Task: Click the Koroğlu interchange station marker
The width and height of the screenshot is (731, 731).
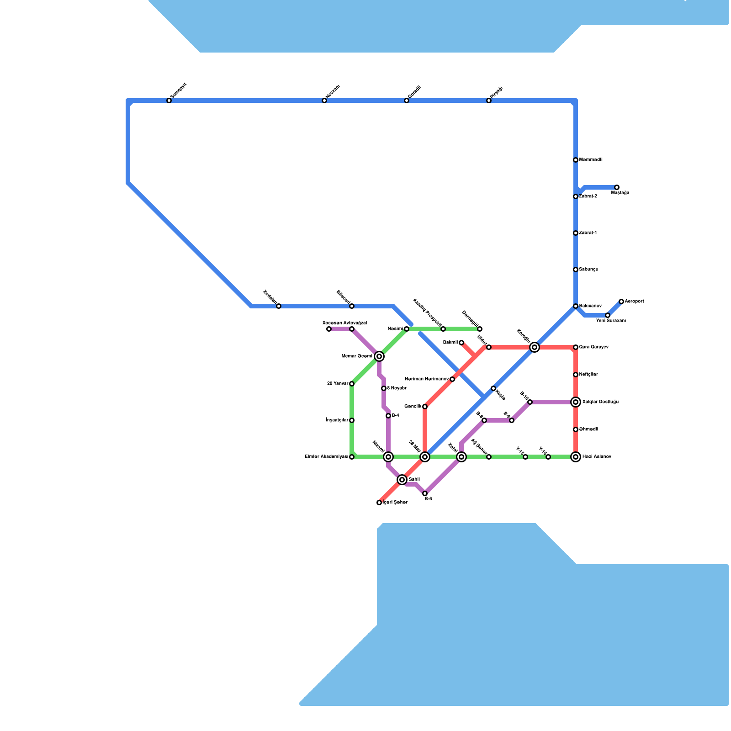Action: (535, 347)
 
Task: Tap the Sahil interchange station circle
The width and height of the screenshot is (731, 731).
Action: (402, 479)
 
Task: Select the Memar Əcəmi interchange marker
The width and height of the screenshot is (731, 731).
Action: (379, 356)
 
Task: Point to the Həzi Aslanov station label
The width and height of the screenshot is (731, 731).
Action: (597, 457)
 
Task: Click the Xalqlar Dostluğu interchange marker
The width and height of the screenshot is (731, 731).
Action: (576, 402)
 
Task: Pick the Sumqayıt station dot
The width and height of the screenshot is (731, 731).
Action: (169, 101)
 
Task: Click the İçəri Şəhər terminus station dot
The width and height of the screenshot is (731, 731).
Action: (379, 503)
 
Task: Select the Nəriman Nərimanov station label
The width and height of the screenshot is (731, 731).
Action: (426, 379)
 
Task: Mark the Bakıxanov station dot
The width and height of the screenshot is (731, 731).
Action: (576, 306)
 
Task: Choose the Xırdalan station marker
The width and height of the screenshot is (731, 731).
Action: (279, 306)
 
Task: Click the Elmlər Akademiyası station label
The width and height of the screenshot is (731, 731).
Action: (326, 457)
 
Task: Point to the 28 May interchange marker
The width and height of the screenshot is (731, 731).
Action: (425, 457)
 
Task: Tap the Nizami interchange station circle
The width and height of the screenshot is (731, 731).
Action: (388, 457)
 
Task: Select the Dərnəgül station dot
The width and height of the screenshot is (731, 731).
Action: (480, 329)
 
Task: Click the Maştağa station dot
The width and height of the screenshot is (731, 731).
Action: (617, 187)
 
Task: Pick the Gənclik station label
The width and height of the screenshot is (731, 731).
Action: (413, 407)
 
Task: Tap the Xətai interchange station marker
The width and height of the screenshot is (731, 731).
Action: (461, 457)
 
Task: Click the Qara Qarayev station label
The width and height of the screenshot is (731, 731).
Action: (593, 347)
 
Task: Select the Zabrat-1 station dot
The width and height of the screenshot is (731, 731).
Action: (576, 233)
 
